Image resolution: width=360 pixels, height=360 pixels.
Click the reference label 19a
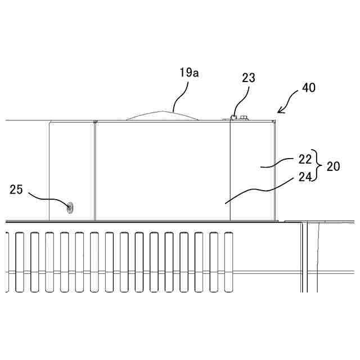coord(189,73)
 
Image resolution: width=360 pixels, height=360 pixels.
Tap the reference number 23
coord(248,78)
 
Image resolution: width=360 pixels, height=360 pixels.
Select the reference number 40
coord(309,88)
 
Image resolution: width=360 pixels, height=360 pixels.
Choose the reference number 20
coord(333,166)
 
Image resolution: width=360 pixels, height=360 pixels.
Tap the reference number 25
coord(16,190)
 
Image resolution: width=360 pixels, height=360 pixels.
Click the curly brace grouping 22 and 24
coord(318,166)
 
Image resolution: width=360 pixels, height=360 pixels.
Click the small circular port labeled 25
coord(70,208)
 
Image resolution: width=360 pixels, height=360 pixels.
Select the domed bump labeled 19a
coord(163,115)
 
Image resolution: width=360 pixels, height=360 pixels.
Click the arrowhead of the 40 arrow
coord(278,114)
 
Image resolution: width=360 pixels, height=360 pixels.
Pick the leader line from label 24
coord(259,190)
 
